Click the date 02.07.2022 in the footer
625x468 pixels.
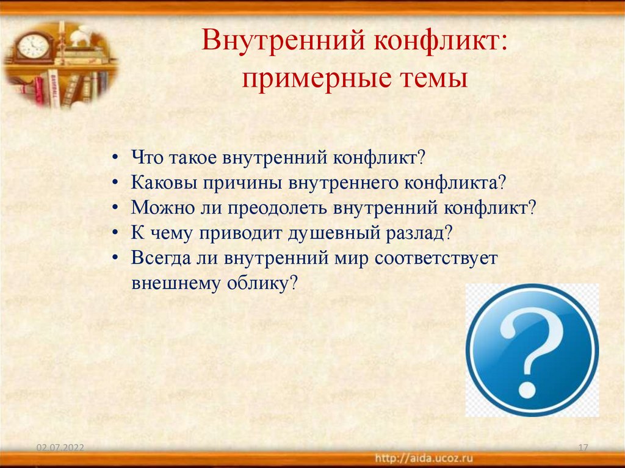pyautogui.click(x=60, y=448)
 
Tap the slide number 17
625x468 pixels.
pyautogui.click(x=582, y=448)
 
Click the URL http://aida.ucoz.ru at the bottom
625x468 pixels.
pyautogui.click(x=424, y=458)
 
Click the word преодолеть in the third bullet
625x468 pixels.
pyautogui.click(x=278, y=207)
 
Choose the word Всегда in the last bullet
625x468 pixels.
pyautogui.click(x=156, y=257)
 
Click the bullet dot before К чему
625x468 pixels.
pyautogui.click(x=116, y=232)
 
